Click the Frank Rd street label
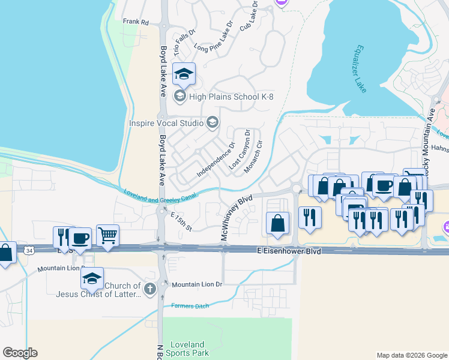coord(136,22)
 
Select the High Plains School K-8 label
coord(231,96)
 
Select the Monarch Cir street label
coord(252,157)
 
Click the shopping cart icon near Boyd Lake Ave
coord(107,235)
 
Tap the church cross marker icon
coord(150,289)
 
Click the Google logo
coord(20,353)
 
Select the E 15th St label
coord(181,221)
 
